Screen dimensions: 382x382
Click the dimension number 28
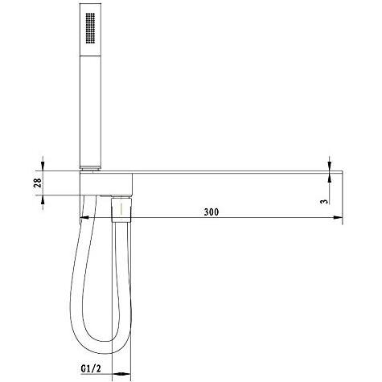(x=37, y=183)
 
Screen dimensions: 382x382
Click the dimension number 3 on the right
(x=324, y=201)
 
